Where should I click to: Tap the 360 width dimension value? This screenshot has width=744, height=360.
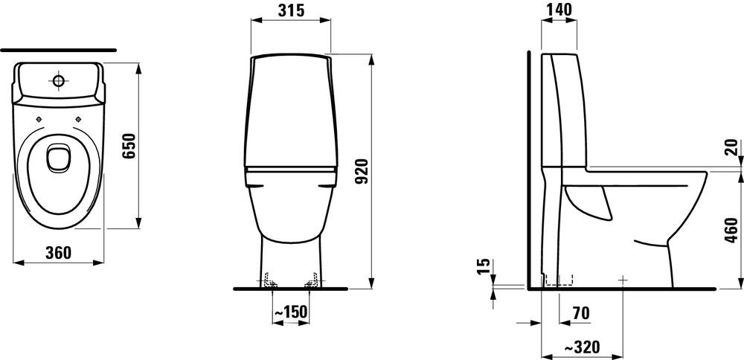[x=58, y=253]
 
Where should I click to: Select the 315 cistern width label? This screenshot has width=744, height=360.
[x=291, y=10]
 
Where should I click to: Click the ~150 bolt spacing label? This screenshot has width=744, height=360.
[x=291, y=312]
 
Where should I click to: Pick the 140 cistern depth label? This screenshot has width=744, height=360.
[x=559, y=10]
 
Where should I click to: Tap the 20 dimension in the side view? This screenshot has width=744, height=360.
[x=732, y=147]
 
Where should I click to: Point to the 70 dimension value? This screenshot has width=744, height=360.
[x=581, y=313]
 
